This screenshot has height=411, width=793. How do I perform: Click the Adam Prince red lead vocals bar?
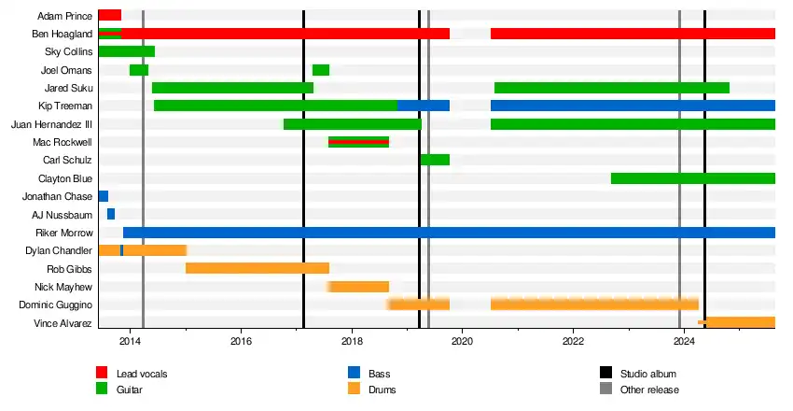(x=109, y=15)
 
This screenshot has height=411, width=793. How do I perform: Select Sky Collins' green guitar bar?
(x=126, y=51)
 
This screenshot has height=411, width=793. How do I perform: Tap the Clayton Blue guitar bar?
(x=692, y=178)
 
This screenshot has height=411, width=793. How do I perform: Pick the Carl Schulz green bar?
(x=435, y=160)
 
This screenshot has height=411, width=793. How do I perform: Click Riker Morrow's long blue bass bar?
(x=448, y=233)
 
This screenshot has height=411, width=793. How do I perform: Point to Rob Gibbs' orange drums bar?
(x=257, y=268)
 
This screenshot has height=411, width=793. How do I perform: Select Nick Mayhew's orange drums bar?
(x=358, y=287)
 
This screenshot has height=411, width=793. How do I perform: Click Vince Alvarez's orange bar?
(x=738, y=322)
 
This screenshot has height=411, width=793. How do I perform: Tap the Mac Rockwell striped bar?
(x=358, y=142)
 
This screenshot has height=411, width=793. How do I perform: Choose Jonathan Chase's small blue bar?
(x=103, y=196)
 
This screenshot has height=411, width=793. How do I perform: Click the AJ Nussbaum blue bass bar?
(x=111, y=214)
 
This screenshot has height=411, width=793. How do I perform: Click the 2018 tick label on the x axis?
(x=352, y=343)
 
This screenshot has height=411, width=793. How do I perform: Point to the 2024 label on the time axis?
(x=683, y=343)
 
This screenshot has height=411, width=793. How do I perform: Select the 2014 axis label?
(x=131, y=343)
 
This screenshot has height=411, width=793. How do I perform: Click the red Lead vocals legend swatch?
(x=103, y=374)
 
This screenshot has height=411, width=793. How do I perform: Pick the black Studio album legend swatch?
(x=604, y=374)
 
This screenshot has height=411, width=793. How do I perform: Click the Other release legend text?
(x=649, y=390)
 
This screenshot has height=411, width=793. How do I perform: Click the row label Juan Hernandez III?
(x=51, y=124)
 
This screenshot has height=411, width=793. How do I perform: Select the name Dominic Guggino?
(x=55, y=305)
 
